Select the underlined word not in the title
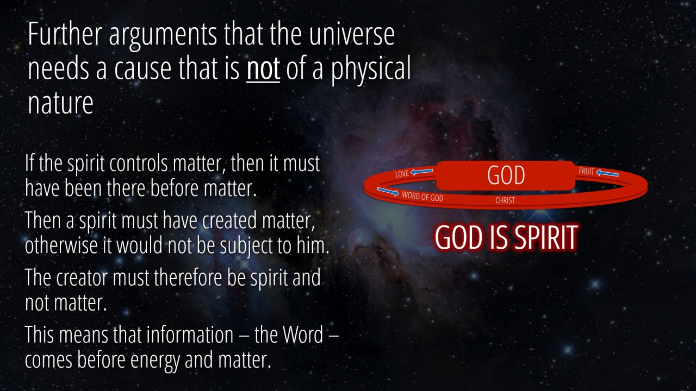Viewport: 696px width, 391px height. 263,68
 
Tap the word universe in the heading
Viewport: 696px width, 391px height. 352,34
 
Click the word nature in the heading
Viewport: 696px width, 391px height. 60,103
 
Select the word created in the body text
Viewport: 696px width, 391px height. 229,220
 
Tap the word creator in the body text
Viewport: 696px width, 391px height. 82,278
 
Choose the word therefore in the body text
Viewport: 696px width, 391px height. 188,277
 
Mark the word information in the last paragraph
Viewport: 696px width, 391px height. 190,335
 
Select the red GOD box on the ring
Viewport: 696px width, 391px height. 506,175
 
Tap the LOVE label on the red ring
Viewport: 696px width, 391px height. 402,173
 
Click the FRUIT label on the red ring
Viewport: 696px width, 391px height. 586,171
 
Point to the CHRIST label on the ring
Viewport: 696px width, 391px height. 505,200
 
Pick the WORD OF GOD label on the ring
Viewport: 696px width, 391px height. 422,196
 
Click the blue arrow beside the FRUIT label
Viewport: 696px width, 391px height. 607,173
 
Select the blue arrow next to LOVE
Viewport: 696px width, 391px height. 421,171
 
